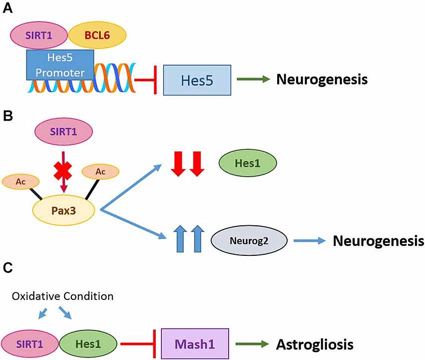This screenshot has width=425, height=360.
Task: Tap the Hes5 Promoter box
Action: (60, 65)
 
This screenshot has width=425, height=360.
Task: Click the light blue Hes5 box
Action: (197, 79)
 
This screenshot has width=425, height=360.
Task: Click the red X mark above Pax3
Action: (63, 171)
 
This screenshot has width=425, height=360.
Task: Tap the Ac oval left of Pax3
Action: (19, 182)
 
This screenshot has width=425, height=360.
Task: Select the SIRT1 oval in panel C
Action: (31, 344)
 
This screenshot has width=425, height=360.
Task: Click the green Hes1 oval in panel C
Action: (88, 344)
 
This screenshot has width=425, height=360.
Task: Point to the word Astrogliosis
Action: (315, 344)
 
